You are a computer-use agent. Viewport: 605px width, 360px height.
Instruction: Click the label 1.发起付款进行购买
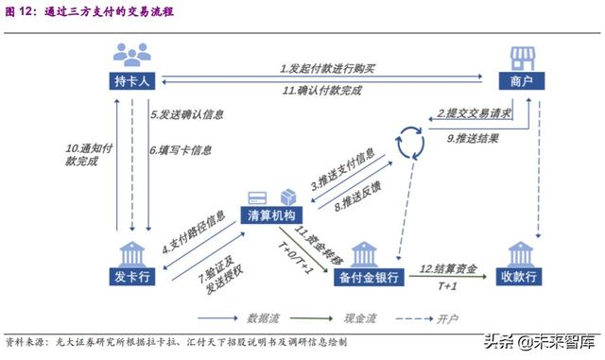(x=327, y=69)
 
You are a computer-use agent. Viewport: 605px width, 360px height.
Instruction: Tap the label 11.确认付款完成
(x=327, y=91)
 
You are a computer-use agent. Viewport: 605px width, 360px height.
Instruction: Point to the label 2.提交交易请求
(x=474, y=113)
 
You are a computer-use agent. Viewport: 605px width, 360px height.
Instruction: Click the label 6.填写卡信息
(x=181, y=149)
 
